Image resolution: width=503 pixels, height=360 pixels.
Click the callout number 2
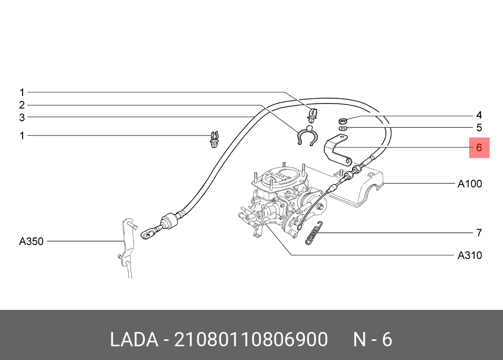coord(22,105)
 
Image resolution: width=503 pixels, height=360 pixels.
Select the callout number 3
coord(22,117)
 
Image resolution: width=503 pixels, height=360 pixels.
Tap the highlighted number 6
coord(479,148)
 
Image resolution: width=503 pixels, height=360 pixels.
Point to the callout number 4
coord(479,115)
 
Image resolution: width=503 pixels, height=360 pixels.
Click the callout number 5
coord(479,128)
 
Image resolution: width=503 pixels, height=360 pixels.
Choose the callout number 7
coord(479,233)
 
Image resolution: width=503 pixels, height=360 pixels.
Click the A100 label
coord(470,184)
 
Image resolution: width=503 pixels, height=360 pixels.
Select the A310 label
coord(470,255)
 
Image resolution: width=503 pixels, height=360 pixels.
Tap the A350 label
coord(31,241)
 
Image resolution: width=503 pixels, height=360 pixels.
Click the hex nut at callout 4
coord(342,121)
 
